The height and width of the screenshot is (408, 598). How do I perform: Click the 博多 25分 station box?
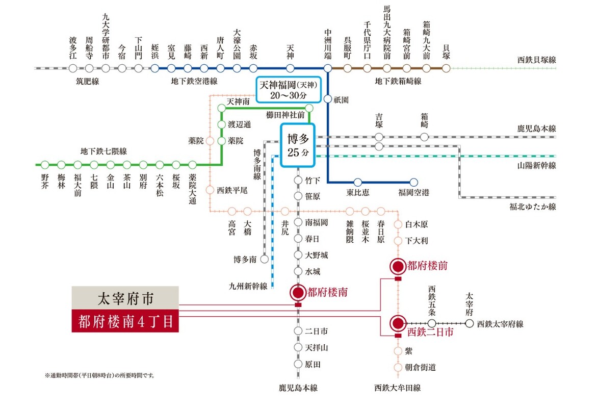coord(298,145)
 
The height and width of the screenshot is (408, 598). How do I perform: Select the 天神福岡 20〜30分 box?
coord(289,90)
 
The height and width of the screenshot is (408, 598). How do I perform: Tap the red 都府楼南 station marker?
coord(297,292)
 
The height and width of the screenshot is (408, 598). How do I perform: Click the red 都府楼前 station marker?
coord(398,266)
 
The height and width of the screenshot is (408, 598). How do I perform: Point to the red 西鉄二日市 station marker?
coord(398,323)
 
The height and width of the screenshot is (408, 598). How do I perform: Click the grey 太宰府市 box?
coord(125,296)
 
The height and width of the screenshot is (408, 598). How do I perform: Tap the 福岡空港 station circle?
coord(413,182)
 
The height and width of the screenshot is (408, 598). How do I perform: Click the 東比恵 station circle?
coord(357,182)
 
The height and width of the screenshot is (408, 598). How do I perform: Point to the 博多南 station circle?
coord(264,259)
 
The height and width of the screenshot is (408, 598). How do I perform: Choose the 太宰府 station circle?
coord(470,323)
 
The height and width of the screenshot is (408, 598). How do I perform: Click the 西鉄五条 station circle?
coord(432,323)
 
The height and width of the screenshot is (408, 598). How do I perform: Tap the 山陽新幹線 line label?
coord(536,165)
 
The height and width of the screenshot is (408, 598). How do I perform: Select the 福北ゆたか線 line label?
coord(533,207)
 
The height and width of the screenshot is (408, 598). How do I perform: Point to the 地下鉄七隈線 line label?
coord(103,151)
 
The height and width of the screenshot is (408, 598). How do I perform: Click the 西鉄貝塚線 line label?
coord(536,60)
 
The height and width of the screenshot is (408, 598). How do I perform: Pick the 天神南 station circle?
coord(221,108)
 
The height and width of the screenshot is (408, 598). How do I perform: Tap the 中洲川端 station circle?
coord(327,68)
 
